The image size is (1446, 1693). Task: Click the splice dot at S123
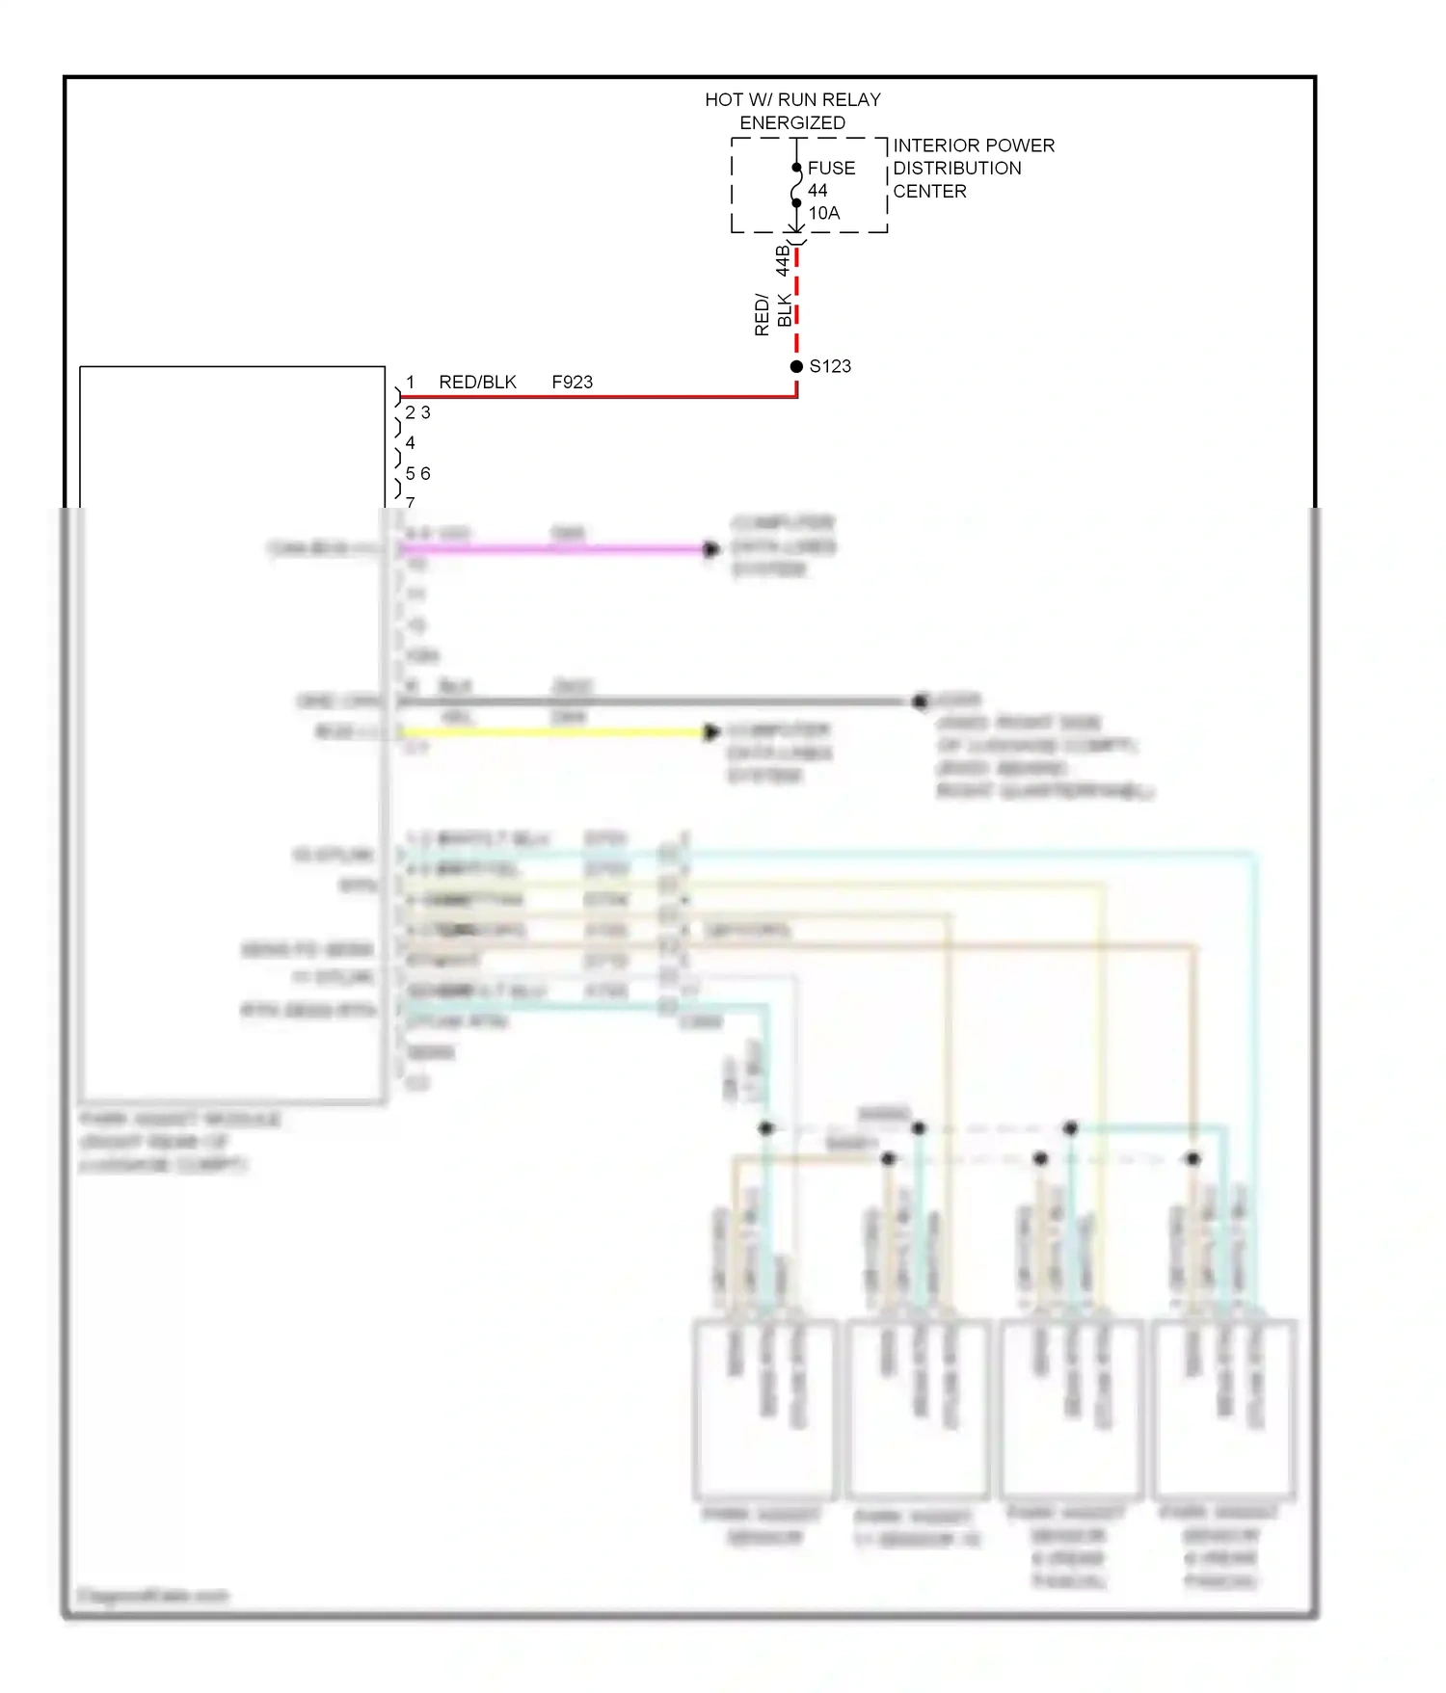796,366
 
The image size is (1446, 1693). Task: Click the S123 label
830,366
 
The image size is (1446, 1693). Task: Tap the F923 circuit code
572,383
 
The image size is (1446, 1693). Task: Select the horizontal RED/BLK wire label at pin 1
477,383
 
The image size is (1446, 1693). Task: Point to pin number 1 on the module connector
410,383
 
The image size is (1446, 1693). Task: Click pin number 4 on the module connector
410,443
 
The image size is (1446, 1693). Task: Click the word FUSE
831,169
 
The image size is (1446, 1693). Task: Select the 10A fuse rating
823,213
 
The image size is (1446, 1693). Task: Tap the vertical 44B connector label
783,260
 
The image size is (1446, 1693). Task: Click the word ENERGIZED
792,123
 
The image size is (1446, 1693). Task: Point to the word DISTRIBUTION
956,169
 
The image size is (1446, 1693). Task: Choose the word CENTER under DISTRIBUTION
929,192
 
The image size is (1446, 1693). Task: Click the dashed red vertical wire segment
797,299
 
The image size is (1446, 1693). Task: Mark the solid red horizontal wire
598,396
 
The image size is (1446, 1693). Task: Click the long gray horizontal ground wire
656,701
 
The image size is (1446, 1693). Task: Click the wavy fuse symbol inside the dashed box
796,186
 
